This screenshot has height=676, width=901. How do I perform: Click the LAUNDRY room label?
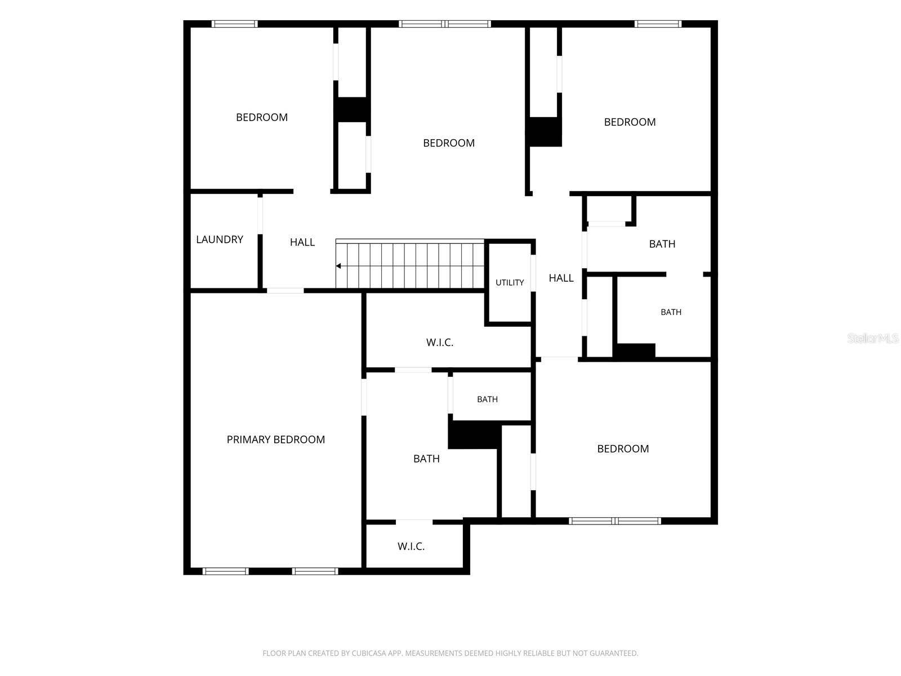pos(220,239)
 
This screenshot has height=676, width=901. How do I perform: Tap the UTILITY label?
pos(510,282)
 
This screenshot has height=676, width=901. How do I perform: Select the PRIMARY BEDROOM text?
pos(276,439)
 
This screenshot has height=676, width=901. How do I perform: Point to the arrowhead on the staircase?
pos(338,266)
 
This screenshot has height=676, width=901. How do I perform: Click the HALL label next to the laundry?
pos(302,242)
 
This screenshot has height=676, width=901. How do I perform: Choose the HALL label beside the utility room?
pos(561,278)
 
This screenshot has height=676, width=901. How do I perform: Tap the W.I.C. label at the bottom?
pos(411,546)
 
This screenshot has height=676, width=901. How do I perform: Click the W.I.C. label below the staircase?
pos(440,343)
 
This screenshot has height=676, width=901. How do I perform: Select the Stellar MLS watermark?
pos(873,338)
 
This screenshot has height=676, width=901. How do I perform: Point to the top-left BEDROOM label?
pos(262,117)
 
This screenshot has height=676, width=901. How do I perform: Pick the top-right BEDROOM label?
pos(630,122)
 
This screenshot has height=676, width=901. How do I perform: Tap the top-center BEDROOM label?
pos(449,143)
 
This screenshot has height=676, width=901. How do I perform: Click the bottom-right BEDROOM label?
pos(623,448)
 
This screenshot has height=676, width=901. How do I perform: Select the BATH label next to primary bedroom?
pos(426,459)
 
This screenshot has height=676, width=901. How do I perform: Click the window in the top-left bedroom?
pos(235,24)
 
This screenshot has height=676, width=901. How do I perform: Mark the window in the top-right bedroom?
pos(658,24)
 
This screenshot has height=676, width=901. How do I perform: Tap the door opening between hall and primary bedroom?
pos(286,291)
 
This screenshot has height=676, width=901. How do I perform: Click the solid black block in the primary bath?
pos(475,435)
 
